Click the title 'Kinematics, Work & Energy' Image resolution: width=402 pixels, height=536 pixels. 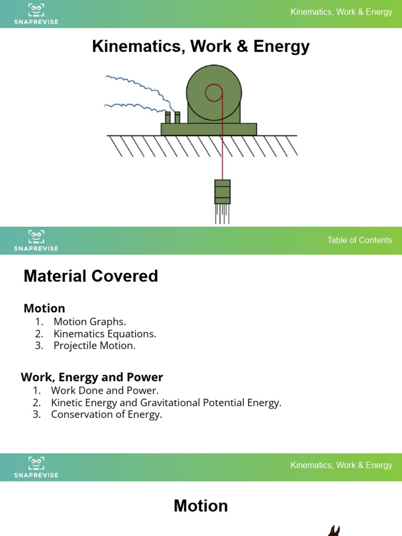click(x=201, y=47)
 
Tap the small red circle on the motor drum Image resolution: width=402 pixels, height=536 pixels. click(x=214, y=93)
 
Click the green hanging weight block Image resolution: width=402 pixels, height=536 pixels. click(x=222, y=192)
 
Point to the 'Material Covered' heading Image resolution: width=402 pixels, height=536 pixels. click(x=91, y=276)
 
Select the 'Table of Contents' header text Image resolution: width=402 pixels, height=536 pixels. click(x=359, y=240)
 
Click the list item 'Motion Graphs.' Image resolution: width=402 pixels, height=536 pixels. click(x=90, y=321)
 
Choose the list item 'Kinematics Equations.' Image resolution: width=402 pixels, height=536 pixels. click(x=105, y=333)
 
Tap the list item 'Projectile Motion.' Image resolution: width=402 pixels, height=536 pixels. click(x=94, y=345)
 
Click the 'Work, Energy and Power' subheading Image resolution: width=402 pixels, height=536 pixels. click(x=92, y=377)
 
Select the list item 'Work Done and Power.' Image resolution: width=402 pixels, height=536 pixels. click(x=105, y=390)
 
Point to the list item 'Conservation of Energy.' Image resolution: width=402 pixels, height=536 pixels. click(x=106, y=415)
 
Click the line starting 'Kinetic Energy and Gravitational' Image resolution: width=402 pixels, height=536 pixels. click(x=166, y=403)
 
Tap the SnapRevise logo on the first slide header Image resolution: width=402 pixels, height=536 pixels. click(x=36, y=14)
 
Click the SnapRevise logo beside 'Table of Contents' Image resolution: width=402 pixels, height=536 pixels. click(x=36, y=240)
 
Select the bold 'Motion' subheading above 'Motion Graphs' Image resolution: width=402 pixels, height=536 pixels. click(x=44, y=308)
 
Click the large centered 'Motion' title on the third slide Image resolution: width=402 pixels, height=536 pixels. click(x=201, y=506)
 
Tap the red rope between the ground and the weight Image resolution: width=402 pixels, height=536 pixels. click(x=222, y=157)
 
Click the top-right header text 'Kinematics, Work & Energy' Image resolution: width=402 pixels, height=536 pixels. click(x=341, y=12)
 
